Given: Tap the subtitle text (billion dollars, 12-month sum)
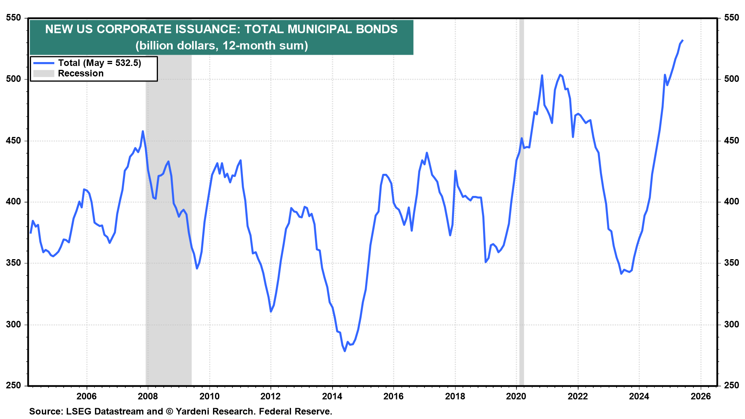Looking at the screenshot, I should [222, 45].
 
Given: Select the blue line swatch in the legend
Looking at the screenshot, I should [43, 63].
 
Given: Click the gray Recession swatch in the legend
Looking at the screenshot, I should [43, 73].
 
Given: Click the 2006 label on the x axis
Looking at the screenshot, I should [87, 396].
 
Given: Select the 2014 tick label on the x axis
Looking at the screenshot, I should [332, 396].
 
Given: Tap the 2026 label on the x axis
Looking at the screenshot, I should [701, 396].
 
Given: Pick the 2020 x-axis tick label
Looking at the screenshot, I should [516, 396].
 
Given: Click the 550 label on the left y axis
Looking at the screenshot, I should [14, 18].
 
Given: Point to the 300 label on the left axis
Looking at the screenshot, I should [14, 325].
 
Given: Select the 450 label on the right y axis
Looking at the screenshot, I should [731, 140].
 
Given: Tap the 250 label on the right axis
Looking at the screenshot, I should [731, 386].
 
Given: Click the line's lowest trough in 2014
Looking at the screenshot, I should [345, 351].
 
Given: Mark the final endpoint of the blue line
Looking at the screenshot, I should [683, 40].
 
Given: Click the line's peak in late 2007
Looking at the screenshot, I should [143, 132].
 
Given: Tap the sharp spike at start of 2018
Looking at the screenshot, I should [455, 171].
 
